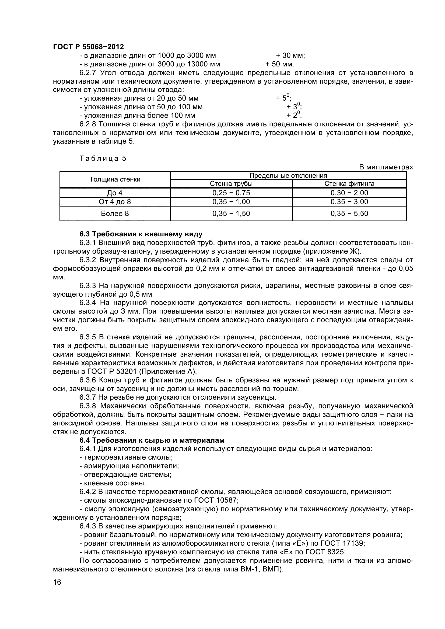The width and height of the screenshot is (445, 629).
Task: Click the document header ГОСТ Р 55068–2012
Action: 88,47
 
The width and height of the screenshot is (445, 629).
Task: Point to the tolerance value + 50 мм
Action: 280,64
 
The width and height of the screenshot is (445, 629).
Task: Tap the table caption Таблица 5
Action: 103,158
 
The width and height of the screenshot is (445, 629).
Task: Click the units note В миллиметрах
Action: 386,167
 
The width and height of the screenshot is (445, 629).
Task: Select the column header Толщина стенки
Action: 115,179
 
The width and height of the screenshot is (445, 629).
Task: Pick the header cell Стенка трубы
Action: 231,184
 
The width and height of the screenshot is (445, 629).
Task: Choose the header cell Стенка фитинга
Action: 349,184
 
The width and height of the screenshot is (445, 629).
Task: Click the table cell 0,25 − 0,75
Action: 231,193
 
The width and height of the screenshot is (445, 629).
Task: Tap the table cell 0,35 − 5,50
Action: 349,214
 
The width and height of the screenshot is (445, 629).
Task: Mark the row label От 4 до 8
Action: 115,202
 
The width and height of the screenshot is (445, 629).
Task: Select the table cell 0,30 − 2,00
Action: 349,193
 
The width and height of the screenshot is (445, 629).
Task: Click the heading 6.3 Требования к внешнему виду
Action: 141,234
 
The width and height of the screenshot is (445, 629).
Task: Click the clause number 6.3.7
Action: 88,397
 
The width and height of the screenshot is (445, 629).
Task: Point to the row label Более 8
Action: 115,214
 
